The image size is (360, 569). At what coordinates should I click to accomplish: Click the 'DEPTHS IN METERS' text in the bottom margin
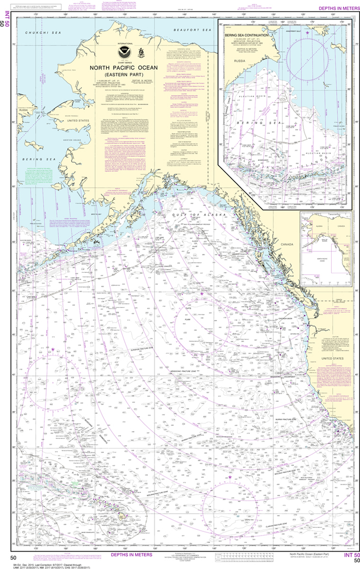click(129, 555)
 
